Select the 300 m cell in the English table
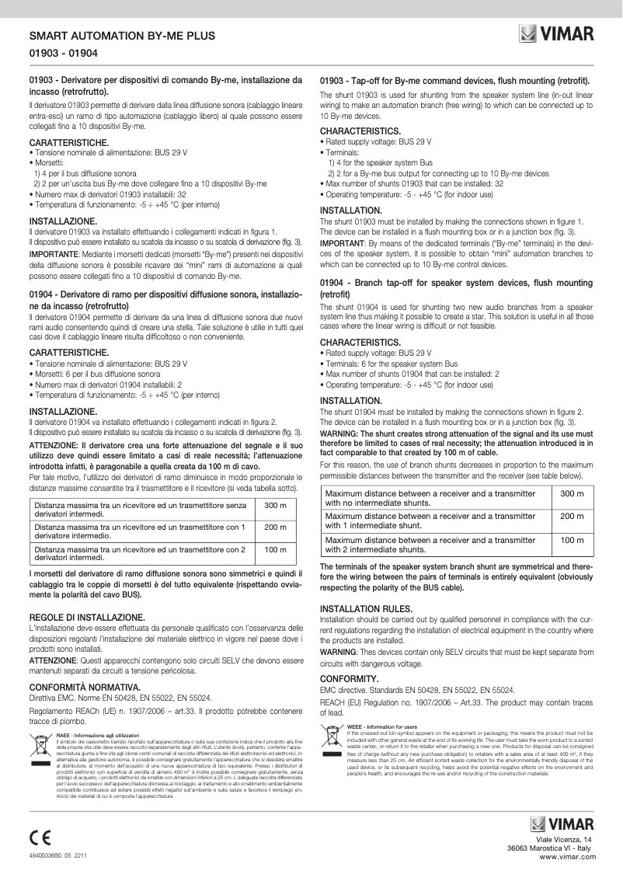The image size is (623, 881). (572, 494)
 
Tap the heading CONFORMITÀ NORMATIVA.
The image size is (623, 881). (84, 687)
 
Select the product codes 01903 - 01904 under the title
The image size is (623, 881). (63, 54)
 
